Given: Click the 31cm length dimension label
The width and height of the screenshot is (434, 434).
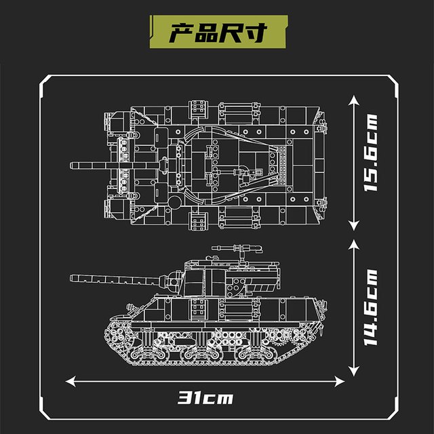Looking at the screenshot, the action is tap(205, 398).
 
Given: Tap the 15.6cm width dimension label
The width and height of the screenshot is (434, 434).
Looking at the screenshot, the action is tap(370, 153).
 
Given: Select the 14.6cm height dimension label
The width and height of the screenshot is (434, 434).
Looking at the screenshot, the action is tap(370, 307).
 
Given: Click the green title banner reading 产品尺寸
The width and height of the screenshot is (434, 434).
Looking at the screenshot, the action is tap(218, 32).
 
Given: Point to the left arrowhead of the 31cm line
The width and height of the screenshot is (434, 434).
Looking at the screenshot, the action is tap(71, 381).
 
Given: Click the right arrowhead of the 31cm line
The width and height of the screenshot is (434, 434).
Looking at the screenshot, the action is tap(340, 381).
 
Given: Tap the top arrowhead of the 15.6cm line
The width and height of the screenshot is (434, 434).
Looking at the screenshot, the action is tap(354, 100).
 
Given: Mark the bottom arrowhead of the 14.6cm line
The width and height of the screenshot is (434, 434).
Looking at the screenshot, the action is tap(354, 371).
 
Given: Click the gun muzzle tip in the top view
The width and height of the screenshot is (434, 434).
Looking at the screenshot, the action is tap(71, 165).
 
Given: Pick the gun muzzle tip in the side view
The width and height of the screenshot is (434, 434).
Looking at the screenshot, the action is tap(71, 278).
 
